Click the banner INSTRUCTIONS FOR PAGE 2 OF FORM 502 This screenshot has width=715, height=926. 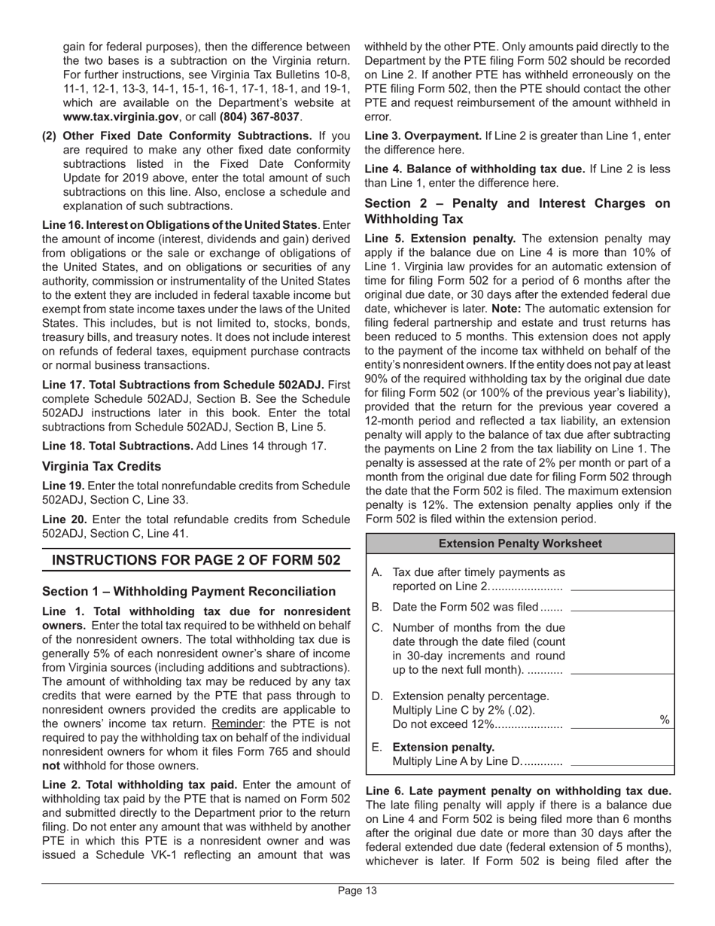coord(196,561)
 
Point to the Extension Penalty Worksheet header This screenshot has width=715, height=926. coord(520,544)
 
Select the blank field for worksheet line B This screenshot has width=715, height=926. coord(622,606)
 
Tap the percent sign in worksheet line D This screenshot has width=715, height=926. coord(665,720)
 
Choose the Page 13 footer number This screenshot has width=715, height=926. coord(357,891)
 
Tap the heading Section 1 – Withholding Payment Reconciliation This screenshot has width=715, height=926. coord(189,592)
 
